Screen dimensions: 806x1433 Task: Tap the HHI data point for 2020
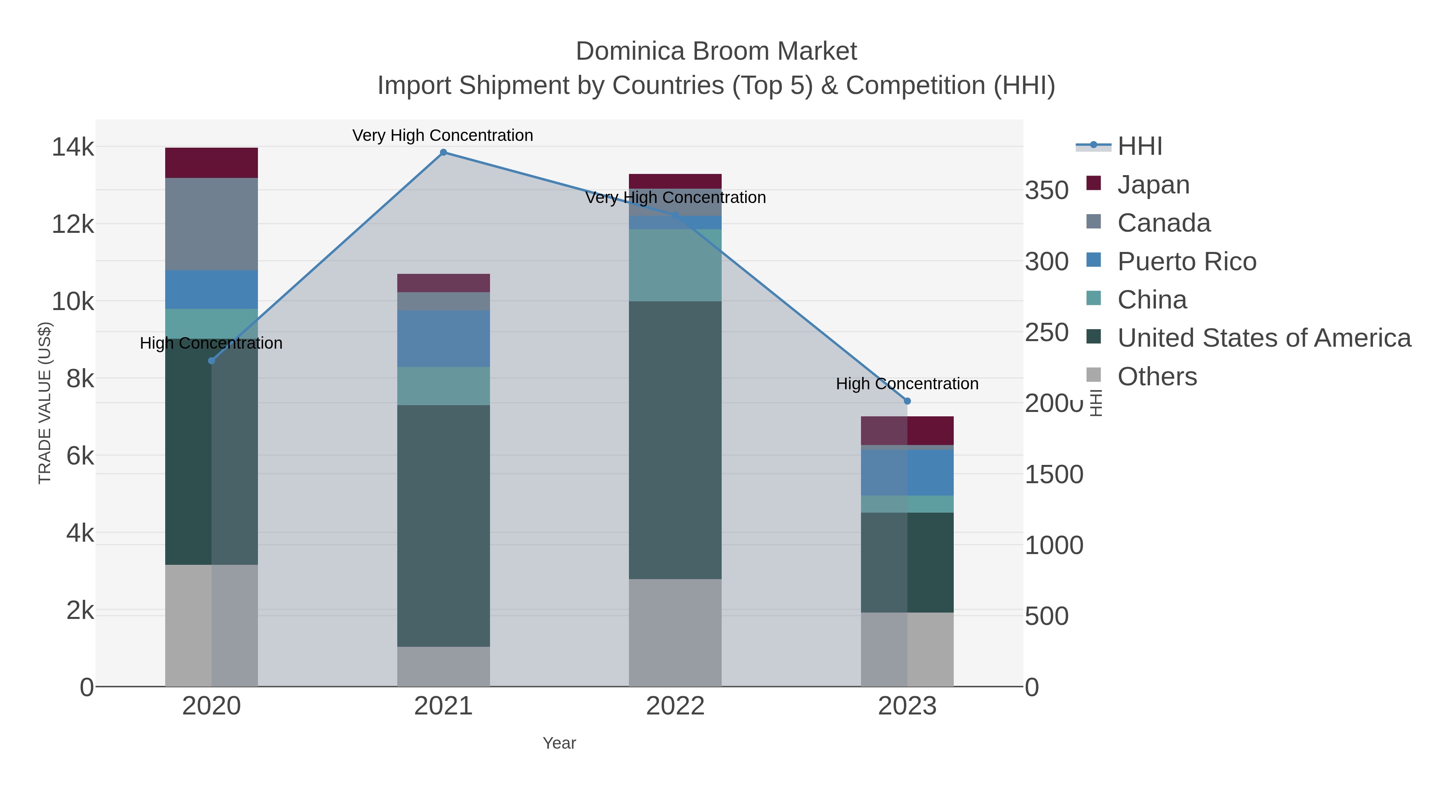click(x=211, y=361)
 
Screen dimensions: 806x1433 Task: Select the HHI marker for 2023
click(x=907, y=401)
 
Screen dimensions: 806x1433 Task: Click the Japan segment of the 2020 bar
click(x=211, y=162)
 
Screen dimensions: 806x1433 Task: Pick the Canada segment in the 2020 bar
click(x=211, y=224)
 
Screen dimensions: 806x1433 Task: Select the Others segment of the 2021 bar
click(x=443, y=666)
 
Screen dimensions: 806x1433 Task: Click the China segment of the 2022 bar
click(x=675, y=265)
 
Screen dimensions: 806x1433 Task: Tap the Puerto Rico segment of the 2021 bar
click(x=443, y=338)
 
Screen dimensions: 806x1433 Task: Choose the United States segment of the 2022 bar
click(x=675, y=439)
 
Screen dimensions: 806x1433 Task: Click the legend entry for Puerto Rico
click(x=1187, y=262)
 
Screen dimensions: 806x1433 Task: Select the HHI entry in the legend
click(x=1139, y=146)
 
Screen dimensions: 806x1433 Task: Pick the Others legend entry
click(x=1156, y=377)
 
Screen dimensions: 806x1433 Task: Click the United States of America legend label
click(x=1264, y=338)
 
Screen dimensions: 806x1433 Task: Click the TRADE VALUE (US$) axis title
click(x=45, y=403)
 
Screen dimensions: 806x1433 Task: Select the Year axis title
click(x=559, y=743)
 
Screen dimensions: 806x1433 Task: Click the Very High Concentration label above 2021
click(x=443, y=135)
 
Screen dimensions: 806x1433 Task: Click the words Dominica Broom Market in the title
click(x=716, y=51)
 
